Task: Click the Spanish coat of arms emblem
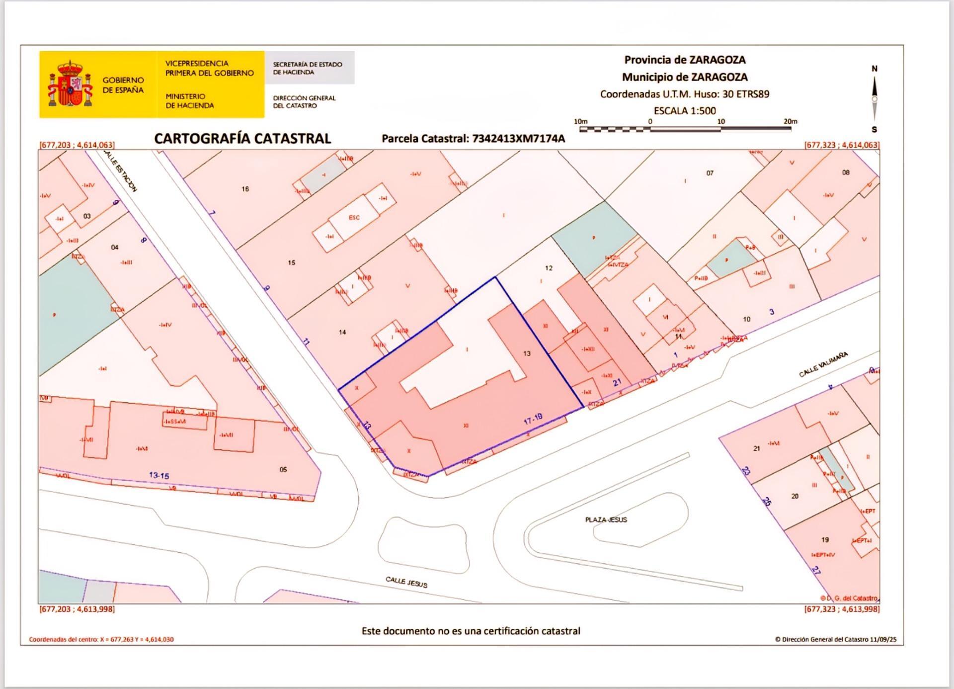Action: pos(70,84)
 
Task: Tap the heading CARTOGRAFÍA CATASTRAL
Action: pos(242,139)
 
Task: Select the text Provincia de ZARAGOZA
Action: pos(685,60)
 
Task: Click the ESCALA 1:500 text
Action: pos(685,110)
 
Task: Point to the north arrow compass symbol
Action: pos(874,98)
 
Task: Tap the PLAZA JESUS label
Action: pos(606,519)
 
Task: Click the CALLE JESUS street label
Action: pos(406,582)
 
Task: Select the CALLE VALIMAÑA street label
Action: pos(823,364)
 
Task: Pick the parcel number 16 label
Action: pos(245,189)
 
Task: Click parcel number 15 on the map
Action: pos(292,262)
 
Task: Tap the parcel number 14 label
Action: pos(342,332)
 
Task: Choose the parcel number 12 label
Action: pos(549,268)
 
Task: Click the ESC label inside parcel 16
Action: pos(354,218)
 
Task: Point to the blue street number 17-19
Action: pos(533,420)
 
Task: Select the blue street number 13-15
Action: pos(159,475)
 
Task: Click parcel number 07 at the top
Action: pos(710,173)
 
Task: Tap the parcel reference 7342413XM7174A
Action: pos(518,139)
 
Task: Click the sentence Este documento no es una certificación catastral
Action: pos(471,631)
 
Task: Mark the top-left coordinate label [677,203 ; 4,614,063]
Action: pos(77,145)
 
